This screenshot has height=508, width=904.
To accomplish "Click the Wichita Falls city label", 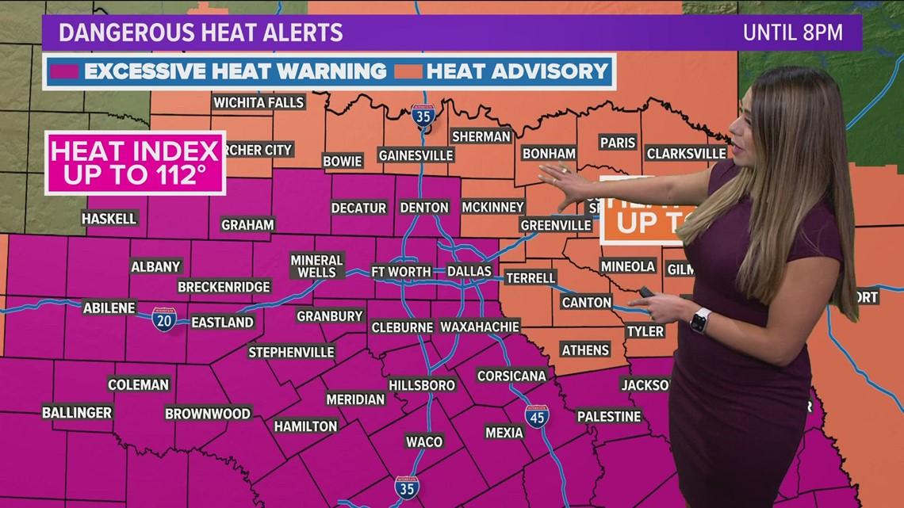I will pyautogui.click(x=259, y=102).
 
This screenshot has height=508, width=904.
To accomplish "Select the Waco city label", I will pyautogui.click(x=423, y=441).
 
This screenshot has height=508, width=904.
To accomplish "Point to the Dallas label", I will pyautogui.click(x=469, y=271).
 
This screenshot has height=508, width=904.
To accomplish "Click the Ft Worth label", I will pyautogui.click(x=401, y=271).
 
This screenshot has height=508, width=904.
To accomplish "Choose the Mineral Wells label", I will pyautogui.click(x=316, y=266).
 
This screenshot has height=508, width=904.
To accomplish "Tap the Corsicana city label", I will pyautogui.click(x=511, y=376).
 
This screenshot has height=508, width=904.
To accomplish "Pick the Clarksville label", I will pyautogui.click(x=686, y=153).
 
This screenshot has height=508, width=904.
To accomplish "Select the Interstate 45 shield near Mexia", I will pyautogui.click(x=537, y=415).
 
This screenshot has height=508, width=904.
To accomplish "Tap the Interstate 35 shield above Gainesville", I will pyautogui.click(x=423, y=116).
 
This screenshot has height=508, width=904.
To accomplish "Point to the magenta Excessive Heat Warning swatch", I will pyautogui.click(x=63, y=71).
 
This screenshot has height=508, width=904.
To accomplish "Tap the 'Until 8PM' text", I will pyautogui.click(x=791, y=32).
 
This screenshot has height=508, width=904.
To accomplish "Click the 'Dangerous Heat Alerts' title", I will pyautogui.click(x=201, y=32).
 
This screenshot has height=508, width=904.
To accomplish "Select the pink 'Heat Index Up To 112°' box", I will pyautogui.click(x=135, y=162).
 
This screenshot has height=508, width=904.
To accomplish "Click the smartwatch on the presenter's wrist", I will pyautogui.click(x=699, y=320).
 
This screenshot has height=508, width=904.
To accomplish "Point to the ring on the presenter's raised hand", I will pyautogui.click(x=564, y=170).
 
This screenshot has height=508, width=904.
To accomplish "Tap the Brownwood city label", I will pyautogui.click(x=208, y=414).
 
